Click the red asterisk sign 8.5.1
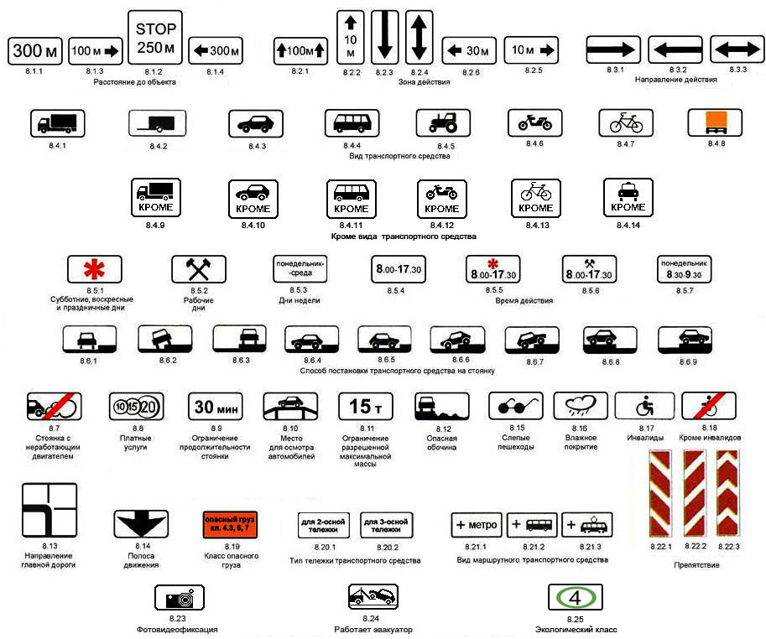tap(94, 269)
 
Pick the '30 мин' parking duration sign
tap(216, 407)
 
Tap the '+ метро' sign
tap(477, 525)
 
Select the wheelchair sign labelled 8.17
tap(644, 407)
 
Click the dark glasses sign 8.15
tap(516, 407)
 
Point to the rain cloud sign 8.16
tap(581, 407)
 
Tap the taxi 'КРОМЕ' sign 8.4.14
tap(628, 197)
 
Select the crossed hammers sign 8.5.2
tap(199, 269)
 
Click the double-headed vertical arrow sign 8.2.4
tap(419, 37)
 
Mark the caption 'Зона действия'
tap(424, 82)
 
